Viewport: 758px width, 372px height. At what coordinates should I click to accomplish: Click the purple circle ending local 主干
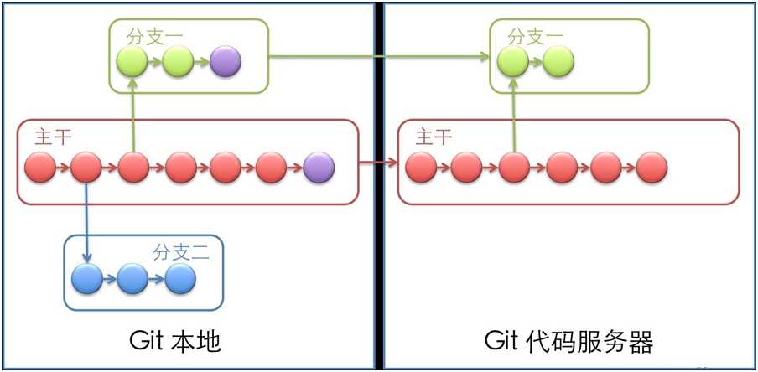(x=319, y=168)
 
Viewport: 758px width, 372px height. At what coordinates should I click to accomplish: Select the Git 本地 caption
(x=175, y=341)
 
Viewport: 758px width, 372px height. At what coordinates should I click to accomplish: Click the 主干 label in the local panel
(x=53, y=137)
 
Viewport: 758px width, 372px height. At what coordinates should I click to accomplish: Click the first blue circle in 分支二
(x=87, y=278)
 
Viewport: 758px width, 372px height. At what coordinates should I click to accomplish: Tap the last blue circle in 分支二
(x=179, y=278)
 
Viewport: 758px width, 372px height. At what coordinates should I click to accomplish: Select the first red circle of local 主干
(x=40, y=168)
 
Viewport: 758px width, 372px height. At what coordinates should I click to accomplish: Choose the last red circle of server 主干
(x=652, y=168)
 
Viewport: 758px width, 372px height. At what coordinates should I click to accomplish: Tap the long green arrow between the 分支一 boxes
(x=377, y=57)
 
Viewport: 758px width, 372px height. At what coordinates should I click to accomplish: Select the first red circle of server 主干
(x=421, y=168)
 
